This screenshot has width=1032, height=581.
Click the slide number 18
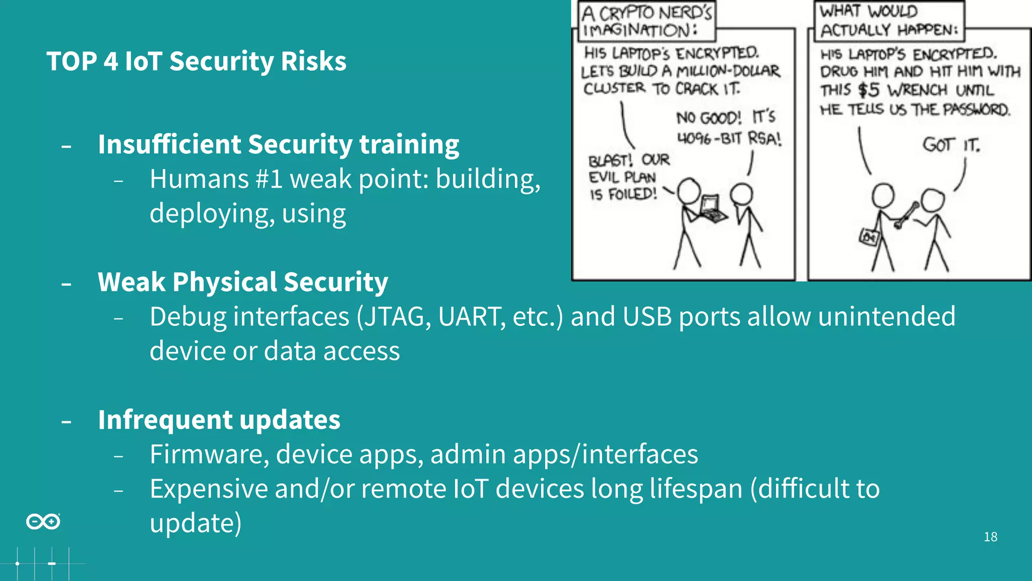pyautogui.click(x=990, y=537)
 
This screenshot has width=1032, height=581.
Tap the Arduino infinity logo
pyautogui.click(x=43, y=521)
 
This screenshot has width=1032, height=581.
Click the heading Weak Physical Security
pyautogui.click(x=243, y=282)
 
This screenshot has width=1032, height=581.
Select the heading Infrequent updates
pyautogui.click(x=219, y=420)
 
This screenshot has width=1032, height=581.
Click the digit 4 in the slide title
pyautogui.click(x=110, y=62)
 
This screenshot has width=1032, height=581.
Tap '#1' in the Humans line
pyautogui.click(x=269, y=179)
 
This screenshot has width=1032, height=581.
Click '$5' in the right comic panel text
pyautogui.click(x=869, y=90)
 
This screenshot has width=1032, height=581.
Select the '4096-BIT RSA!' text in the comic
pyautogui.click(x=729, y=138)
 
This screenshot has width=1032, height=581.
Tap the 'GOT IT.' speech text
pyautogui.click(x=951, y=145)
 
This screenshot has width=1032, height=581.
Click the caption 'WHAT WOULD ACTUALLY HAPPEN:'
pyautogui.click(x=889, y=21)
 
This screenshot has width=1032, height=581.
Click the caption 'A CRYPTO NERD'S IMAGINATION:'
pyautogui.click(x=646, y=21)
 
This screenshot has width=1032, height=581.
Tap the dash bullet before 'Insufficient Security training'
pyautogui.click(x=66, y=147)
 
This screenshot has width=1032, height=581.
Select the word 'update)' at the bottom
pyautogui.click(x=196, y=524)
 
